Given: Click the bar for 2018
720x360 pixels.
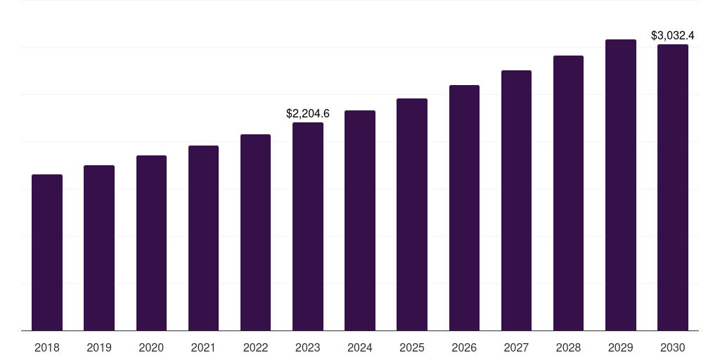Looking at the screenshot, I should pos(47,252).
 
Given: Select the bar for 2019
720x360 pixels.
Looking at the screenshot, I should pos(99,247).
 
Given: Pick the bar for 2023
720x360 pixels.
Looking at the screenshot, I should pos(308,226).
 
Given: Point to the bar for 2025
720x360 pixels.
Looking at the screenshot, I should pos(412,214).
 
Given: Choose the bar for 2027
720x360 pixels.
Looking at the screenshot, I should pos(516,200).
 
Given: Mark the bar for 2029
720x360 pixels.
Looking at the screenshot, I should pos(621,185).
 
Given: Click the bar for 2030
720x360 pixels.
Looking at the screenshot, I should pos(673,187).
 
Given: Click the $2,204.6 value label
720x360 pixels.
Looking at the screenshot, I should pos(308,113).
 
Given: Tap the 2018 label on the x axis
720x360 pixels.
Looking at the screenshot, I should pos(47,347).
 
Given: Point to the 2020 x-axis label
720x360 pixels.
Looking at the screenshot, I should pos(151,347).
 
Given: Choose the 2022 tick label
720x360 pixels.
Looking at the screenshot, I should pos(255,347).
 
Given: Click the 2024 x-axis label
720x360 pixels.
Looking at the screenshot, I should pos(360,347).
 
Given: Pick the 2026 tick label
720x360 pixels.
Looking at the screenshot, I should pos(464,347).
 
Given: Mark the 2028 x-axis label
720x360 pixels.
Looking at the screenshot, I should pos(568,347).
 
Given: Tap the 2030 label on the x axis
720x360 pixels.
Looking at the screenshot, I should pos(673,347).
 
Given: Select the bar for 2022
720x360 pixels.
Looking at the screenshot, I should pos(255,232).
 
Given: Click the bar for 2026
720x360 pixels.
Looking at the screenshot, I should pos(464,207).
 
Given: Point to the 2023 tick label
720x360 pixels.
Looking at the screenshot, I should pos(308,347).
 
